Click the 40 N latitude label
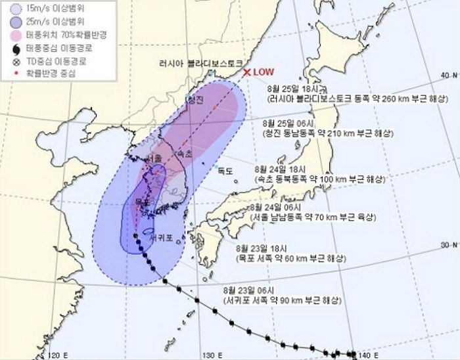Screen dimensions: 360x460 pyautogui.click(x=449, y=75)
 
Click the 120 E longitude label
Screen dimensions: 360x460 pyautogui.click(x=58, y=355)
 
